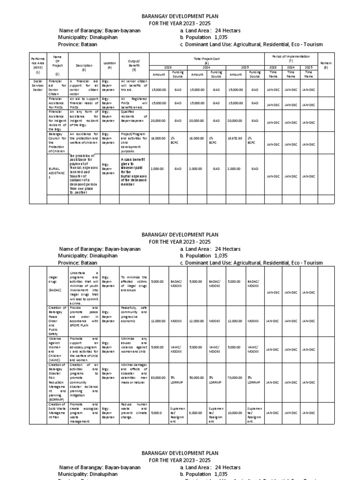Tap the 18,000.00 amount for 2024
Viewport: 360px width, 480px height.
pyautogui.click(x=197, y=139)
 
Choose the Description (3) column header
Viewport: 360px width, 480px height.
pyautogui.click(x=84, y=67)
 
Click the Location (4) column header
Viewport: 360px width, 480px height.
pyautogui.click(x=110, y=65)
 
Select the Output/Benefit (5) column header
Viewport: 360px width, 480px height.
pyautogui.click(x=134, y=65)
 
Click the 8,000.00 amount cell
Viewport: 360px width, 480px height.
pyautogui.click(x=196, y=413)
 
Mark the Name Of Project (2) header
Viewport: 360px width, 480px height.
pyautogui.click(x=58, y=65)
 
